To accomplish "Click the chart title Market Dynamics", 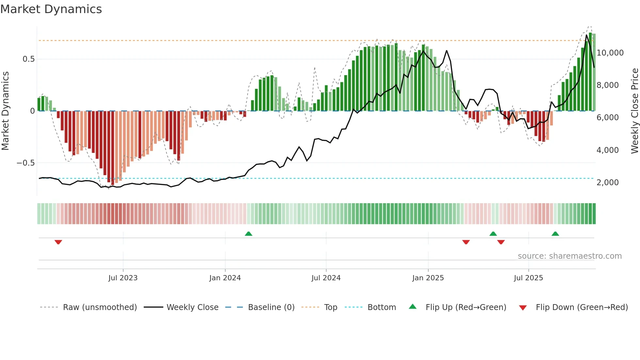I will [x=51, y=9].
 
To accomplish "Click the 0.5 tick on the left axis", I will [x=28, y=59].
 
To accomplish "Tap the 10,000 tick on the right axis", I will [x=610, y=53].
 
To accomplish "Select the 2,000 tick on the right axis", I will [x=607, y=183].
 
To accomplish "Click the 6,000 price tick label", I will [x=607, y=118].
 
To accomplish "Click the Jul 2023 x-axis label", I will [x=123, y=278].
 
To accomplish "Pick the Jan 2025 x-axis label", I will [x=428, y=278].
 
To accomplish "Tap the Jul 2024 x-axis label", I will [x=326, y=278].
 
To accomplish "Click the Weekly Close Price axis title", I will [x=634, y=111].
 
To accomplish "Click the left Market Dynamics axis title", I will [x=6, y=111].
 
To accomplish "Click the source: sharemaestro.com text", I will [x=569, y=256].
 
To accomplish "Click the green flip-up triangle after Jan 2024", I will [x=248, y=234].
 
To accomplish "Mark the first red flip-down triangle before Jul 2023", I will [x=58, y=242].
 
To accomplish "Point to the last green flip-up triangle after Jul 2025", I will [x=555, y=234].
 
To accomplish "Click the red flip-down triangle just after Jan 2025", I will [x=466, y=242].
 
